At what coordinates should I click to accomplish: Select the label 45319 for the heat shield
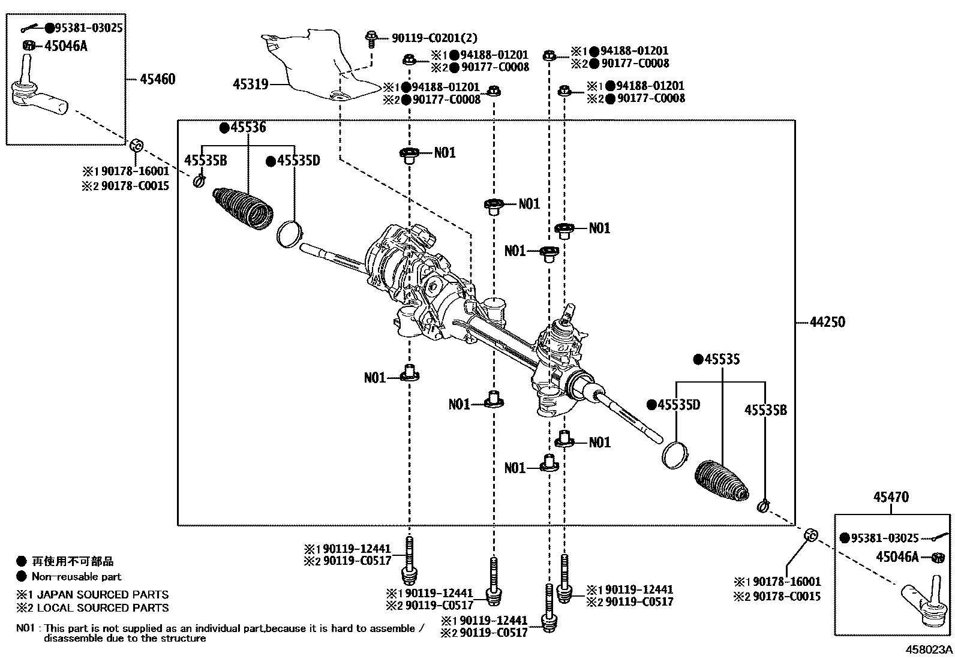coord(250,85)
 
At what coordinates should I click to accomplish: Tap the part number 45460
coord(157,79)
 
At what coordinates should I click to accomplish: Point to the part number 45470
coord(891,497)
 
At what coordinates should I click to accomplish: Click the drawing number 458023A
coord(929,649)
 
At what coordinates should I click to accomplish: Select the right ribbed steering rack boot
coord(722,481)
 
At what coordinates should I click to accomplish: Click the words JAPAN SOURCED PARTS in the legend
coord(104,594)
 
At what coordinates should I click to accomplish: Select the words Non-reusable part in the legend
coord(76,577)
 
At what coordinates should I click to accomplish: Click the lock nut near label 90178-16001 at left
coord(136,145)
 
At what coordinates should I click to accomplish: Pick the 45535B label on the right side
coord(765,410)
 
